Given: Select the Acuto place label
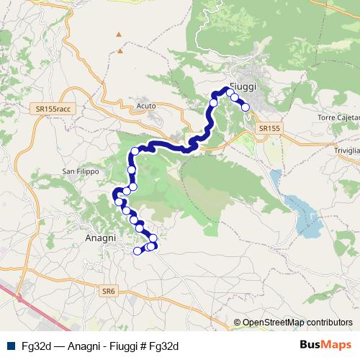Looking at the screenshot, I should [x=145, y=107].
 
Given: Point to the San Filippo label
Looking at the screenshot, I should [x=78, y=171].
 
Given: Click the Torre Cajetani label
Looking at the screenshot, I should [x=338, y=117].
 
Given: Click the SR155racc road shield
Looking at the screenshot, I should [x=53, y=108].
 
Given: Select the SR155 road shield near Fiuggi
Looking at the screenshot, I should [x=269, y=127].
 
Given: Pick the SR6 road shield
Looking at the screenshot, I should [x=109, y=290].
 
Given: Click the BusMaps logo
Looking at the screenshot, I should [x=326, y=346].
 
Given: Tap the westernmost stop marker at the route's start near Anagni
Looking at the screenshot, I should [x=138, y=251].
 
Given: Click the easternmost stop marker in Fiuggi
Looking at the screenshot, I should [x=246, y=107].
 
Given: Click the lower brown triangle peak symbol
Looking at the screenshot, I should [x=121, y=52].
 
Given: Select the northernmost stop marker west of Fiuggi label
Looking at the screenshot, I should [x=230, y=93].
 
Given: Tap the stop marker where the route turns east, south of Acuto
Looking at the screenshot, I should [x=135, y=151].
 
